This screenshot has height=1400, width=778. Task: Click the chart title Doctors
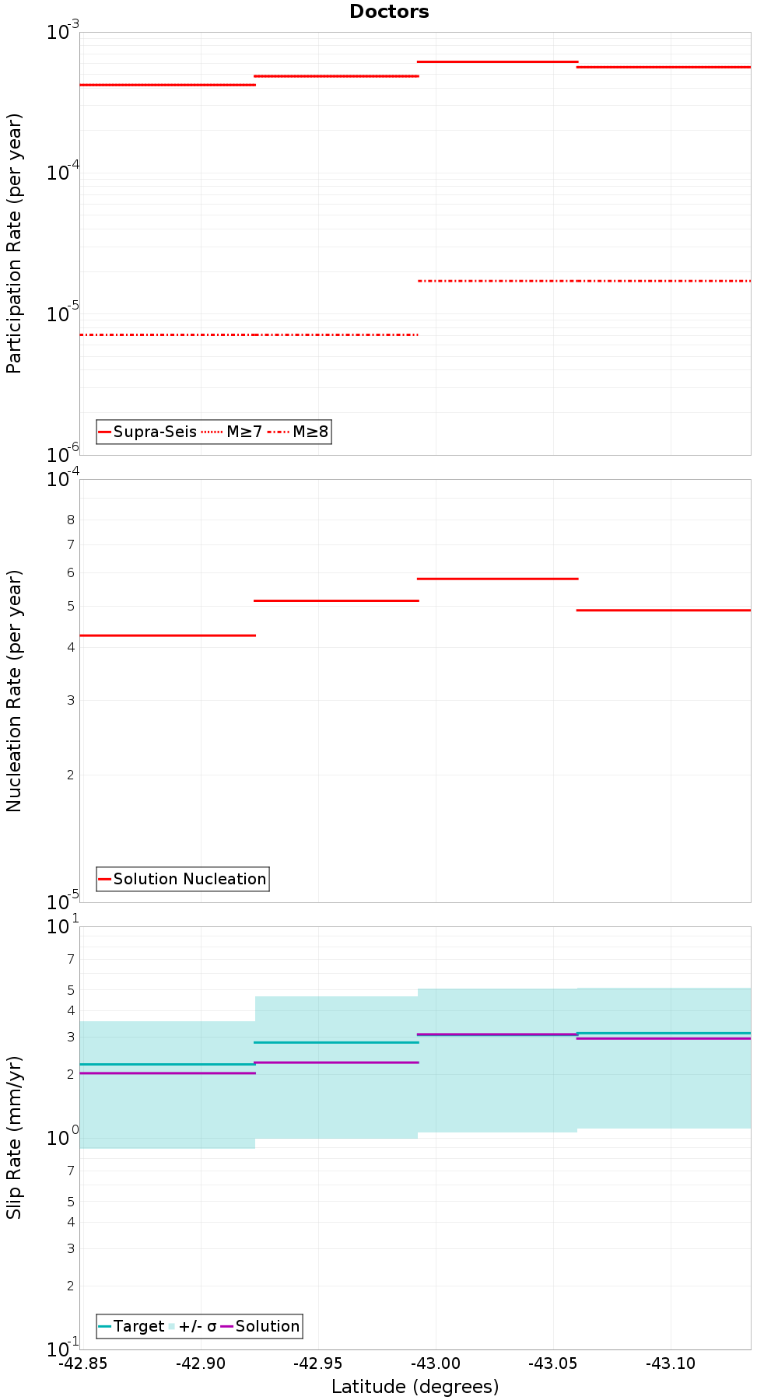point(389,12)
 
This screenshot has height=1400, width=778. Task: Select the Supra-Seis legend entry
point(147,432)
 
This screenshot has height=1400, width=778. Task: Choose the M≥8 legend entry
point(299,432)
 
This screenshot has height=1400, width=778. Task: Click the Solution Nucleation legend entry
point(183,879)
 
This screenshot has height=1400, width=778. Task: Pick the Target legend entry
point(131,1326)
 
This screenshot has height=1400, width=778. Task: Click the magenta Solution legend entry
point(260,1326)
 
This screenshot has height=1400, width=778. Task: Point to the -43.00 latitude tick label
point(436,1363)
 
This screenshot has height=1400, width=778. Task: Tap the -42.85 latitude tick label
point(83,1363)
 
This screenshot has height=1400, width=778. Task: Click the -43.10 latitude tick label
point(671,1363)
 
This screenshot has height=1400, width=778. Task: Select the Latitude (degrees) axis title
point(415,1386)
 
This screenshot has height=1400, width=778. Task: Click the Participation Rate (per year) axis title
point(14,243)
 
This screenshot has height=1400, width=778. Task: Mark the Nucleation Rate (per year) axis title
point(14,691)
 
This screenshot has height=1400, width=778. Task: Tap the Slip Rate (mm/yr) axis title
point(14,1137)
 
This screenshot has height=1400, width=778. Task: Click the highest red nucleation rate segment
point(498,579)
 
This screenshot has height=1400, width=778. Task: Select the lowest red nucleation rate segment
point(167,635)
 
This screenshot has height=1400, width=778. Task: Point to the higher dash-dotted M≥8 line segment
point(584,281)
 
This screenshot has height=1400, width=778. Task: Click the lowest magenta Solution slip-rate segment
point(167,1073)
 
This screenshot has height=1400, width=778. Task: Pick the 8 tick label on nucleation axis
point(71,520)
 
